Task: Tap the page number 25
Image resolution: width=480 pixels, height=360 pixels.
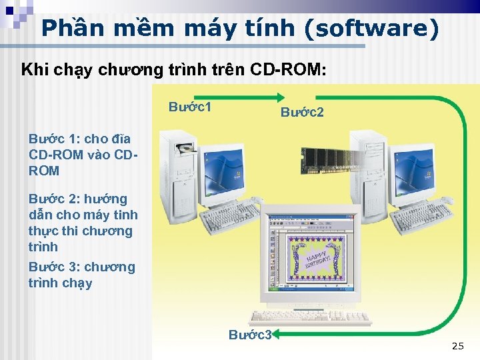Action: (457, 345)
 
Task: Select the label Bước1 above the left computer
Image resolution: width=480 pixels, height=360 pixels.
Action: (190, 107)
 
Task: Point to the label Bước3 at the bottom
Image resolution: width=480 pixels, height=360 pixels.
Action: (250, 335)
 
